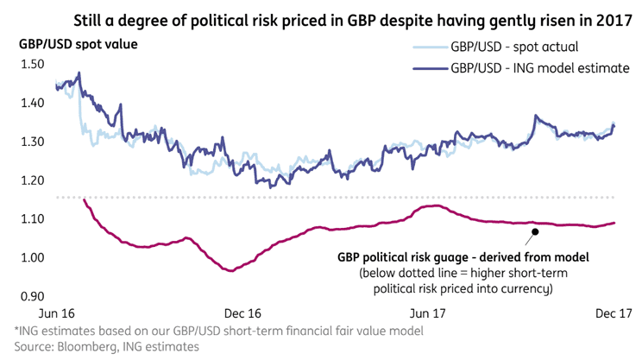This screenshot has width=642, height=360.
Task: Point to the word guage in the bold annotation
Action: pyautogui.click(x=473, y=257)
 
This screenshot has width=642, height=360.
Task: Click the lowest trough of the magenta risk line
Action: pyautogui.click(x=230, y=270)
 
